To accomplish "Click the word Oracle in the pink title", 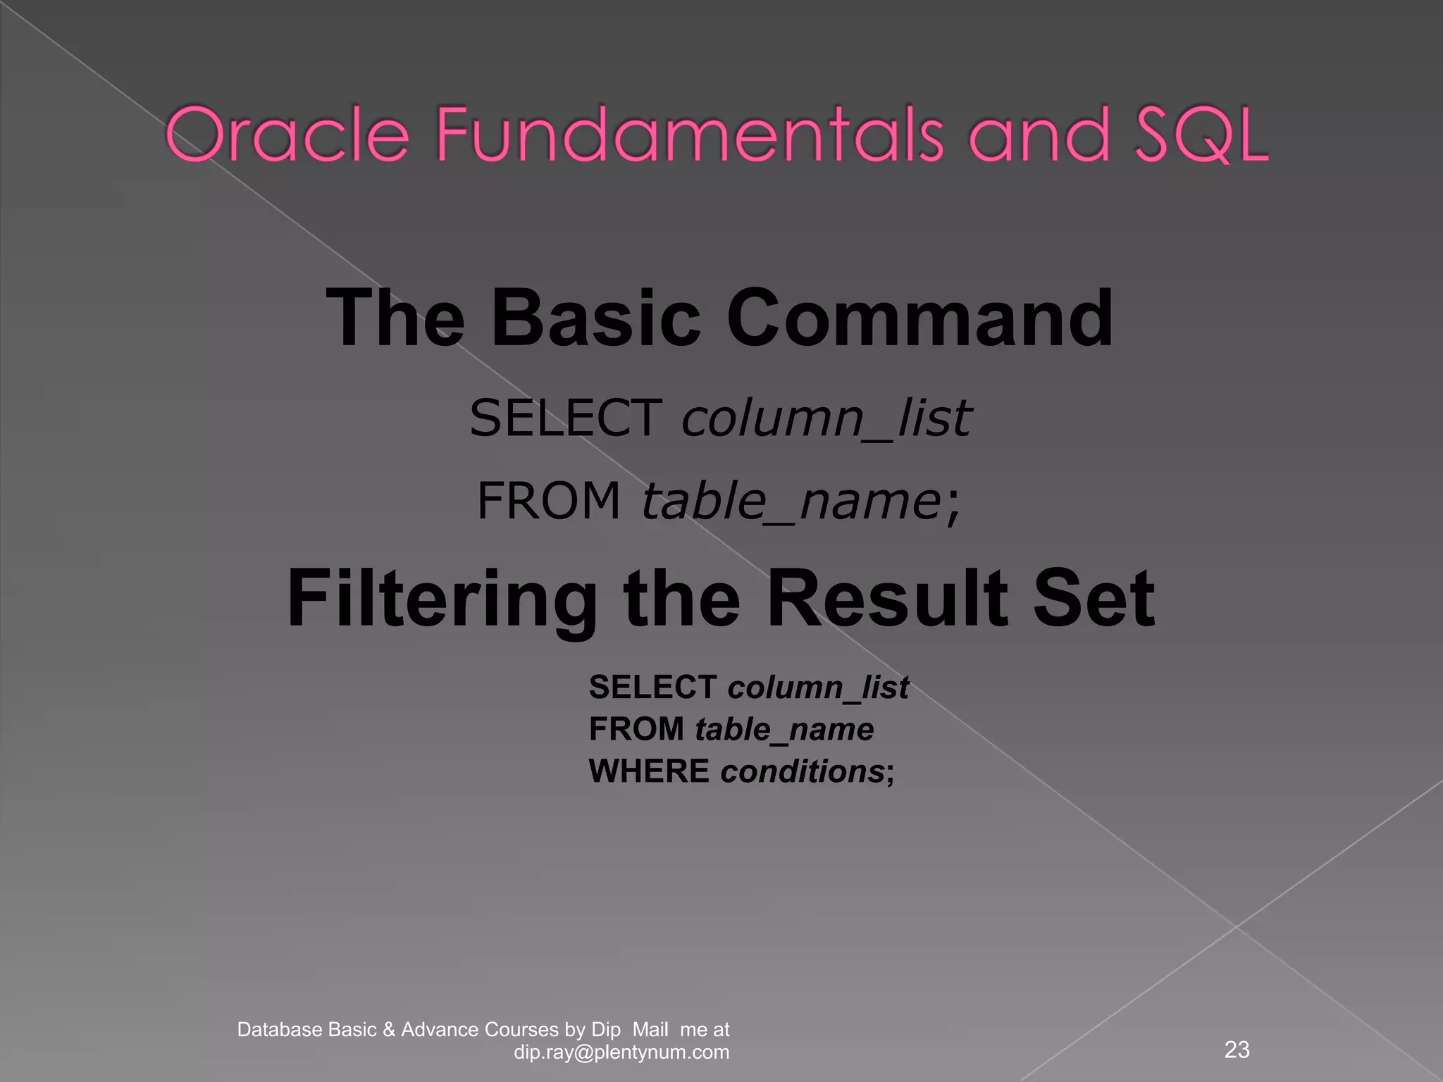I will tap(287, 135).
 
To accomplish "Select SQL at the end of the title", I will tap(1201, 135).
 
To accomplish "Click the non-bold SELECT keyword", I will tap(566, 418).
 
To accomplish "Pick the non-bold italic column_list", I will tap(826, 418).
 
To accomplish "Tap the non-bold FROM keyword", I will tap(548, 501).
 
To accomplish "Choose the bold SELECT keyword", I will tap(652, 687).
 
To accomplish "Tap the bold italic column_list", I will tap(818, 687).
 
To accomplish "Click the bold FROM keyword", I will tap(636, 729).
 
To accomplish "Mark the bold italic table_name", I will tap(784, 729).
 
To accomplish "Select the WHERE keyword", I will tap(649, 771).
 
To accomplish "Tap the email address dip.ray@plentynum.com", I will tap(621, 1052).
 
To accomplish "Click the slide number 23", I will tap(1237, 1050).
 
